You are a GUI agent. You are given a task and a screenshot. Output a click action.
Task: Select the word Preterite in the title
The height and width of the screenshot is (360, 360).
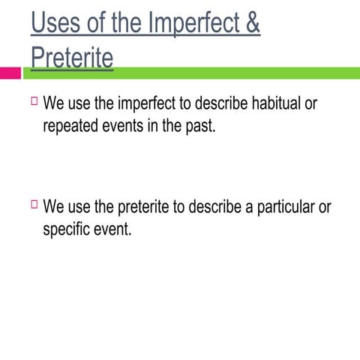[x=72, y=57]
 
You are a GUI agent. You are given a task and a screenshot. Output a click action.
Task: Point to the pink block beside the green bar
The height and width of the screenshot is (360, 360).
[x=10, y=73]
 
